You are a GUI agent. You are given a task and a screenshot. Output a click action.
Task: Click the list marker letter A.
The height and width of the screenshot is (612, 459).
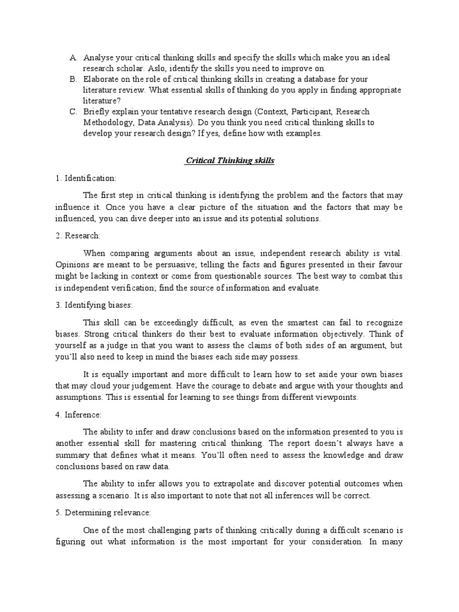(x=73, y=57)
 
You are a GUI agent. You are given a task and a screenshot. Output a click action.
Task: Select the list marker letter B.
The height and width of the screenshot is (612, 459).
(x=73, y=79)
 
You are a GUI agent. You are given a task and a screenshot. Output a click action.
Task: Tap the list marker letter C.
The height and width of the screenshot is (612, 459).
(x=73, y=112)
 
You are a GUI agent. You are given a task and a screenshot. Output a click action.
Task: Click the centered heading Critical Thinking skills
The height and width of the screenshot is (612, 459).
(x=229, y=161)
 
